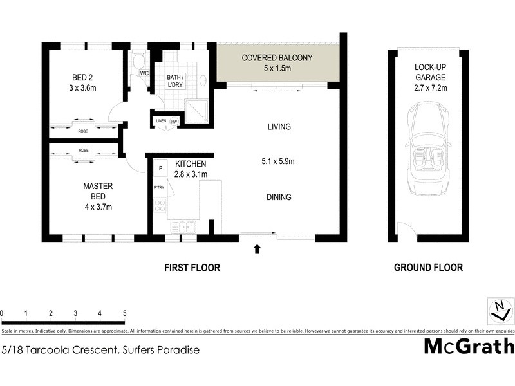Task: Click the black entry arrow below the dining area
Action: point(258,248)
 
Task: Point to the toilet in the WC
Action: point(138,62)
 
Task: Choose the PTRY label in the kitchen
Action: point(159,187)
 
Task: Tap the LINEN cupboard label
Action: point(160,121)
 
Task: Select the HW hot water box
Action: point(174,121)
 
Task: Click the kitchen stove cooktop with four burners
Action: point(160,207)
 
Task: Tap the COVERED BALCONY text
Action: point(277,58)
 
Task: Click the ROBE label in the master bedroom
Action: point(84,150)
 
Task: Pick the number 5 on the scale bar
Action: point(124,313)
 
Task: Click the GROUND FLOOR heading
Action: point(428,268)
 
